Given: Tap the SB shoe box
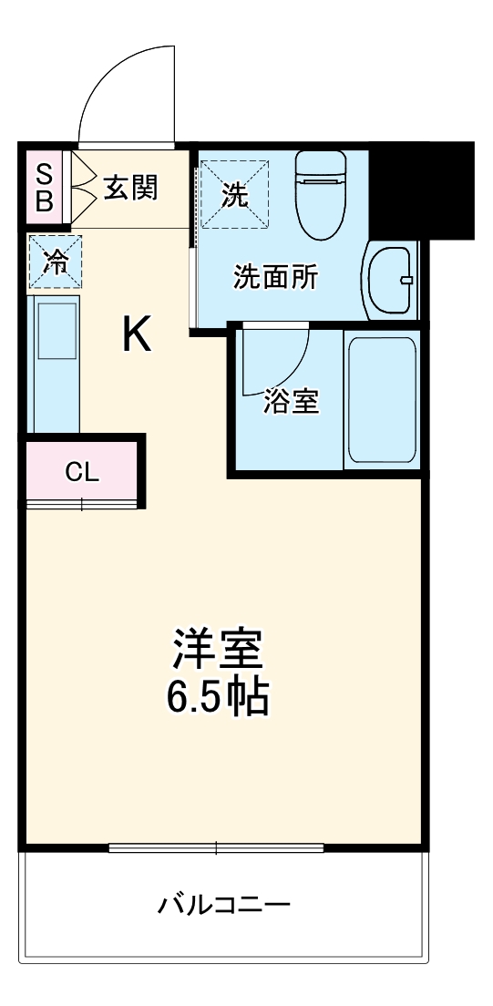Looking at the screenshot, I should (x=44, y=187).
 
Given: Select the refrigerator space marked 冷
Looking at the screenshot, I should (x=56, y=262).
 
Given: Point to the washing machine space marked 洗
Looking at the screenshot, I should (x=235, y=194).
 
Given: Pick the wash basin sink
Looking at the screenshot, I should (x=390, y=279).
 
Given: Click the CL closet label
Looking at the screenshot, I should (x=81, y=472).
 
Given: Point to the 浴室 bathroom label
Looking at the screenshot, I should (x=291, y=402).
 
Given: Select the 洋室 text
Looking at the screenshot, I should (x=218, y=648).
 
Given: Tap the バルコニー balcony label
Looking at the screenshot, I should (x=224, y=906).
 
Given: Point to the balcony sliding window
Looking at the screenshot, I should (x=216, y=848).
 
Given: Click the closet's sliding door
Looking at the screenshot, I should (x=81, y=502).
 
